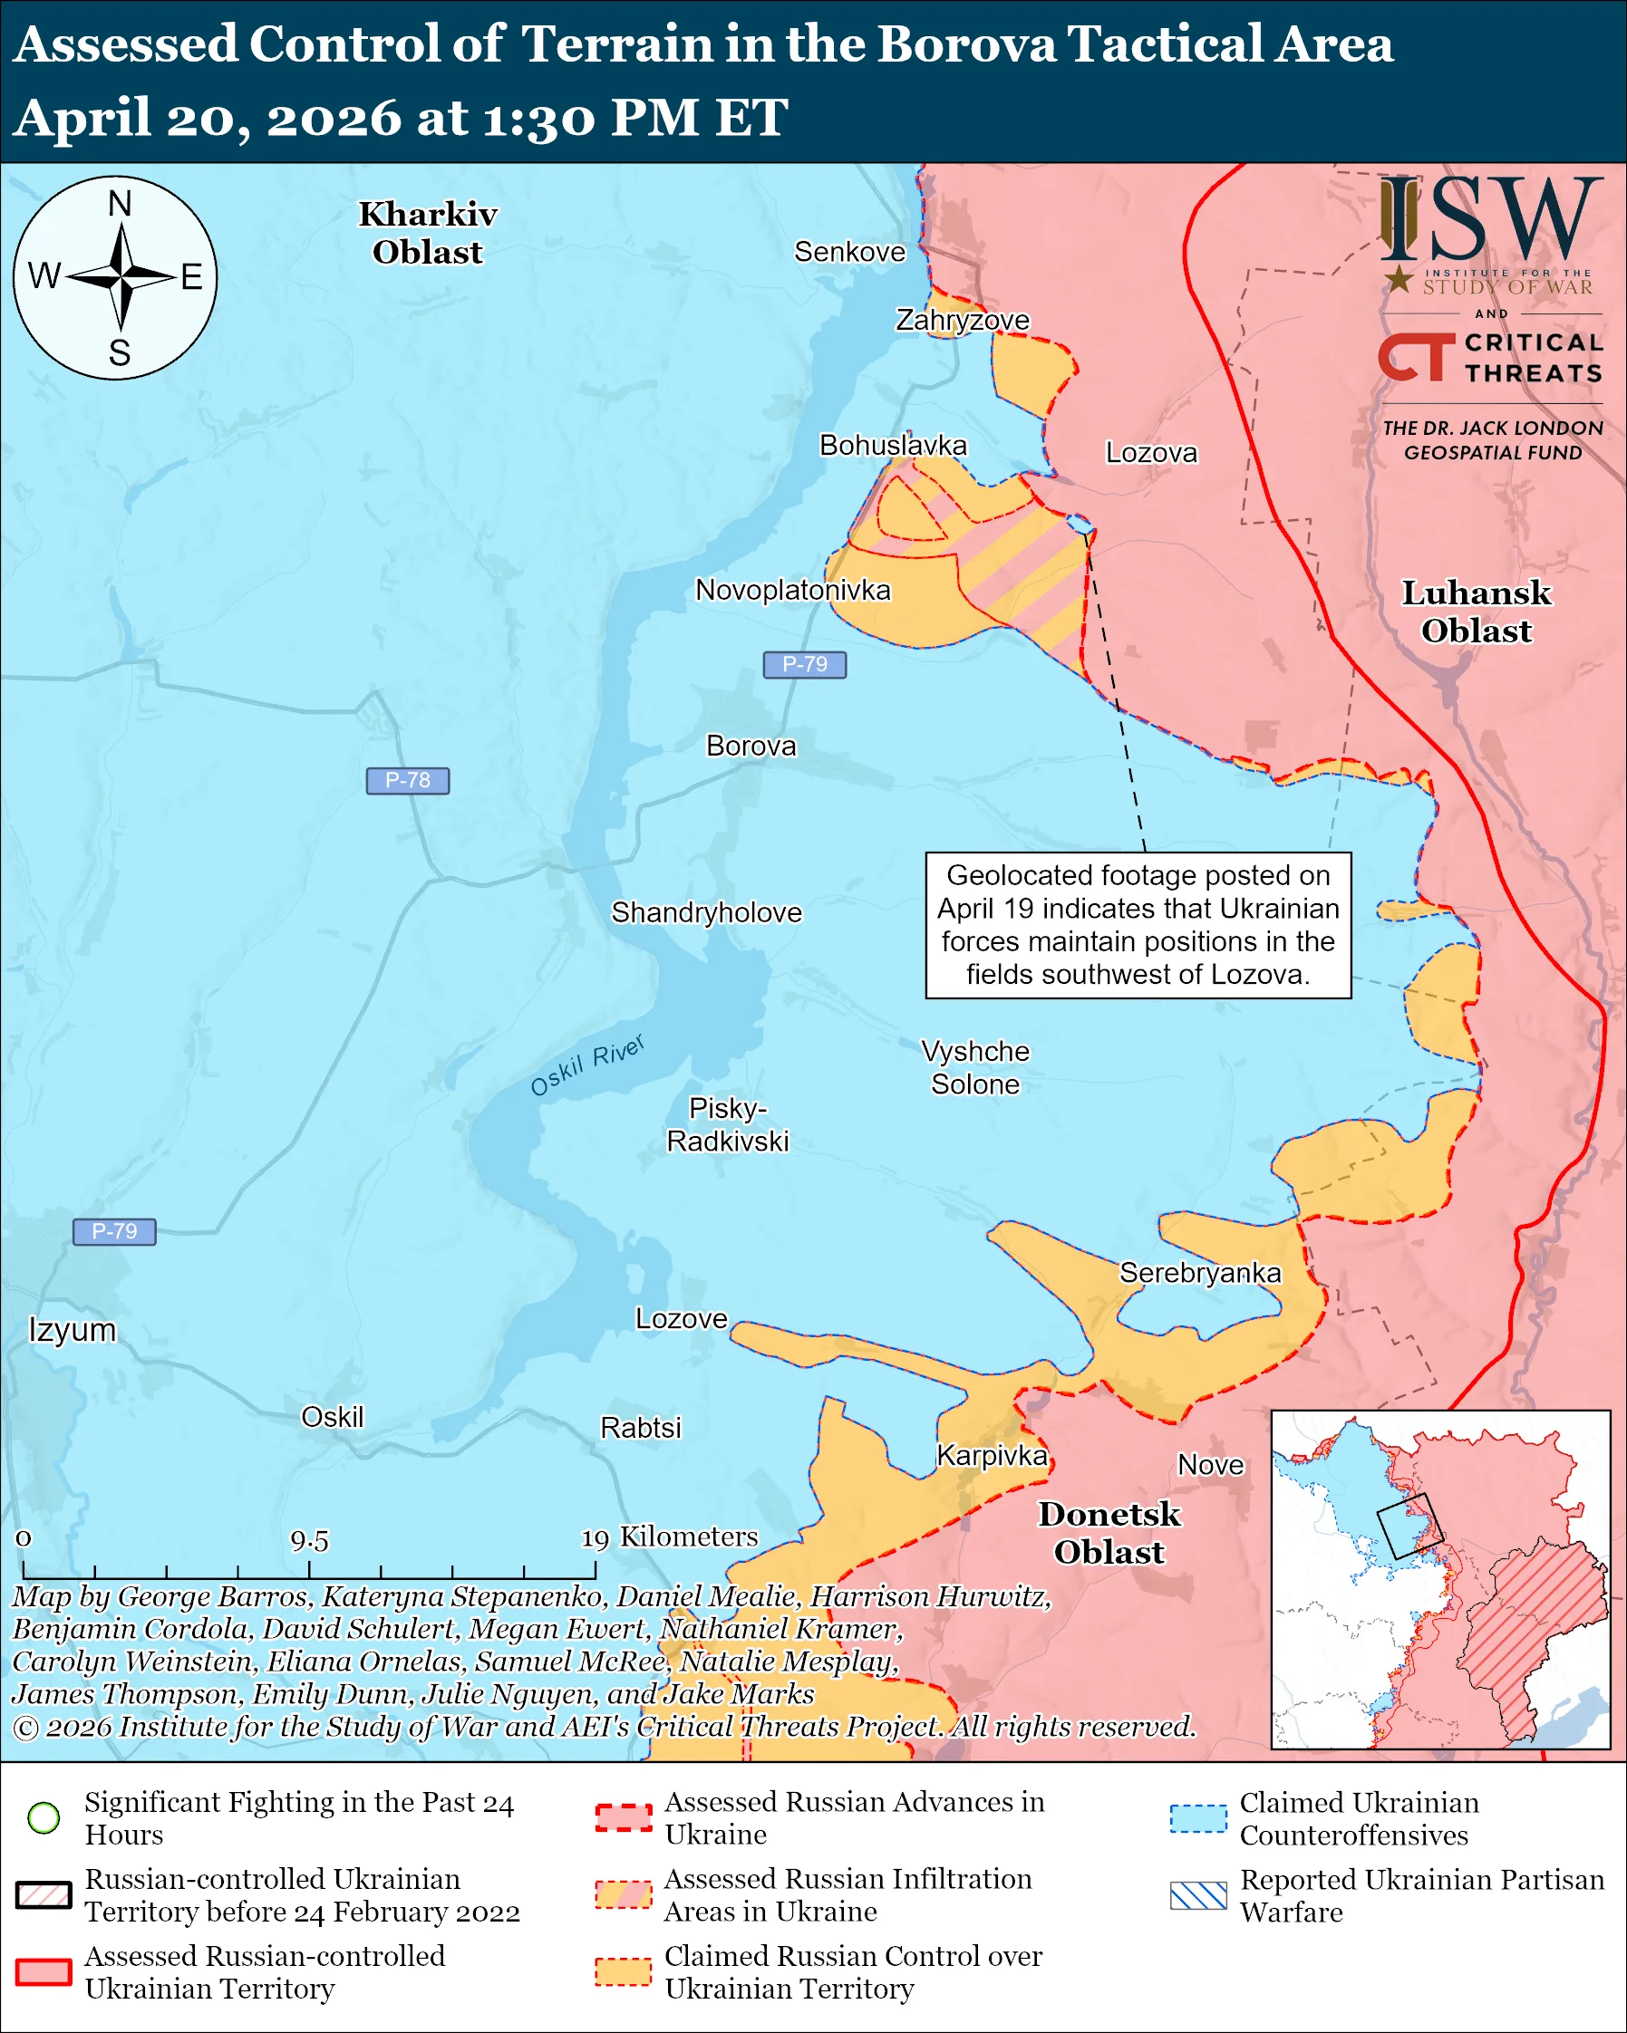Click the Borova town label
(x=751, y=746)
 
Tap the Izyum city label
(x=73, y=1330)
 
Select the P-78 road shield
(x=408, y=781)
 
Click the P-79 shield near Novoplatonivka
(x=805, y=665)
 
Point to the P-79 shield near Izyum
(x=114, y=1231)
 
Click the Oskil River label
(x=586, y=1065)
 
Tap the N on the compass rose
(x=120, y=204)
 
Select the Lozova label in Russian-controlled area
(x=1151, y=453)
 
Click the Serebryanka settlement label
(x=1200, y=1273)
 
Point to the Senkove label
(x=849, y=252)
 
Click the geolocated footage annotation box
(x=1138, y=925)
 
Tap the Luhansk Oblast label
(x=1477, y=611)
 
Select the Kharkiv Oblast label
(x=427, y=233)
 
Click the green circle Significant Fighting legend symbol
(x=44, y=1817)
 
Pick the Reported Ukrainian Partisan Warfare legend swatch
(x=1198, y=1895)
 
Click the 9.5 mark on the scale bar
(x=309, y=1541)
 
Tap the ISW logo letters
(x=1490, y=222)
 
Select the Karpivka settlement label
(x=992, y=1456)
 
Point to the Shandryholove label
(x=706, y=913)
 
